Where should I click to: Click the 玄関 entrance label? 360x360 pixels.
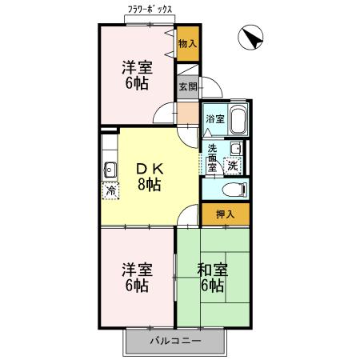pyautogui.click(x=187, y=86)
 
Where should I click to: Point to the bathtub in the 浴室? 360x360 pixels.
pyautogui.click(x=236, y=120)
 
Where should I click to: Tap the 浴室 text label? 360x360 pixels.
pyautogui.click(x=214, y=119)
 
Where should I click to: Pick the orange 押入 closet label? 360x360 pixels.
pyautogui.click(x=224, y=214)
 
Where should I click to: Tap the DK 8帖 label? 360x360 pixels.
pyautogui.click(x=150, y=176)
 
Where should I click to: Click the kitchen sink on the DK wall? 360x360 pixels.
pyautogui.click(x=109, y=169)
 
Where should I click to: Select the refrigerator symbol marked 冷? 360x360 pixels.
pyautogui.click(x=110, y=190)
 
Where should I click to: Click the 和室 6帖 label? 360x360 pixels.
pyautogui.click(x=213, y=277)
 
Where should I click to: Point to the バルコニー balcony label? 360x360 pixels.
pyautogui.click(x=175, y=341)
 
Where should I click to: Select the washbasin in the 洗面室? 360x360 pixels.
pyautogui.click(x=236, y=149)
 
